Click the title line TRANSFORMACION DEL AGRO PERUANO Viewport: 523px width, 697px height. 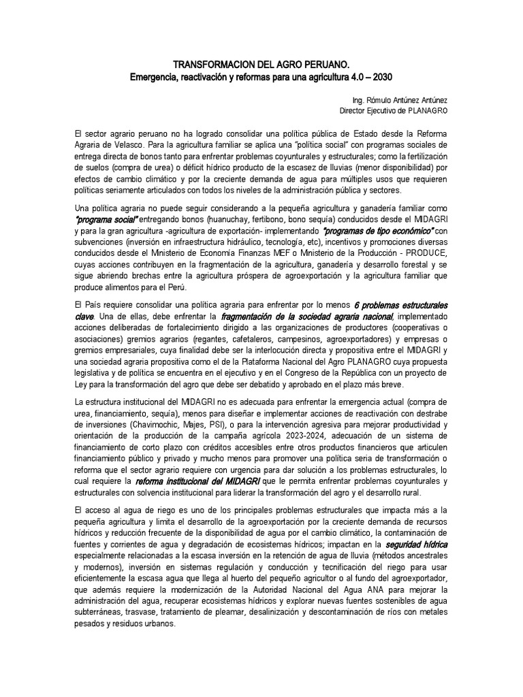pos(261,64)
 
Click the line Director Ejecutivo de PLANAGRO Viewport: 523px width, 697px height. pos(394,110)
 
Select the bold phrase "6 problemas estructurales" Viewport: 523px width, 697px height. pos(400,306)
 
